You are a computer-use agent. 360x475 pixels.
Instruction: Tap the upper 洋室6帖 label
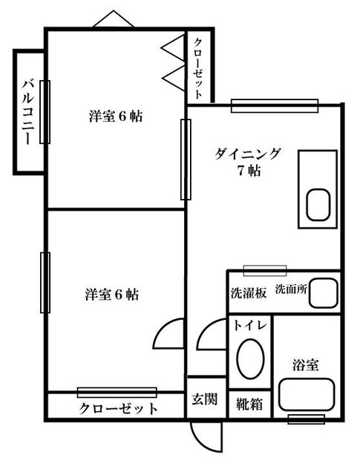click(x=115, y=117)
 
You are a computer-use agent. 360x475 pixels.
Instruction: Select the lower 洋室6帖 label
click(x=111, y=294)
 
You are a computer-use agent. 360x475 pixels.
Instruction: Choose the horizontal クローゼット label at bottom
click(x=119, y=408)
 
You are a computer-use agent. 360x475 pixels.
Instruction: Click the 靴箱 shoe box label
click(x=249, y=404)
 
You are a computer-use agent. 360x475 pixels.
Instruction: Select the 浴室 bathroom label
click(x=306, y=364)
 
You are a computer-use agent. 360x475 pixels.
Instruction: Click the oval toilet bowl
click(x=250, y=358)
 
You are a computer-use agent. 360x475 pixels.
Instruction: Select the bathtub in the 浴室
click(x=307, y=402)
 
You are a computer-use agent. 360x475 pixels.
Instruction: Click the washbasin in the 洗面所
click(x=322, y=292)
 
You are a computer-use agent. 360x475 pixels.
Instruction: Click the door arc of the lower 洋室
click(x=171, y=334)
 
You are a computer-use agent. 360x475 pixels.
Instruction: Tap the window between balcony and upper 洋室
click(x=45, y=111)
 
